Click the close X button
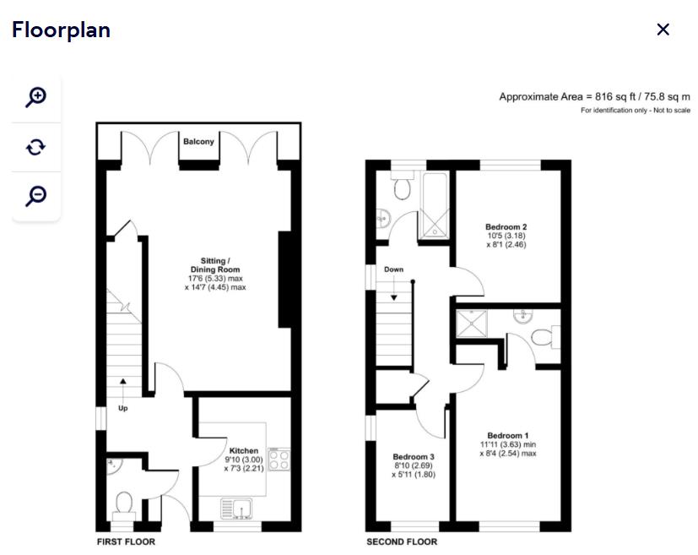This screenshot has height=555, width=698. tap(663, 30)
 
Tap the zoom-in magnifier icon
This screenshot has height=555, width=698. tap(35, 96)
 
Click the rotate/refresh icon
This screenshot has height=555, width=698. tap(35, 147)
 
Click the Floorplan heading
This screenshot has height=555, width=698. tap(61, 30)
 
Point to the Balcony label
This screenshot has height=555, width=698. tap(199, 142)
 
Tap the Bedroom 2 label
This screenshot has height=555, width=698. tap(506, 227)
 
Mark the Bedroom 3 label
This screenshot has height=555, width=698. tap(413, 457)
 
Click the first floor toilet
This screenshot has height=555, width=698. tap(123, 503)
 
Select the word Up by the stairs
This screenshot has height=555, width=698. tap(123, 408)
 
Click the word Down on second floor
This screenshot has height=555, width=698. tap(393, 270)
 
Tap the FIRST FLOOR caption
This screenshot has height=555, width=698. tap(126, 541)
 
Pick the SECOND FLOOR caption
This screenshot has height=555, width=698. tap(401, 541)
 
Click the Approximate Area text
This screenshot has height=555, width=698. tap(594, 97)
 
